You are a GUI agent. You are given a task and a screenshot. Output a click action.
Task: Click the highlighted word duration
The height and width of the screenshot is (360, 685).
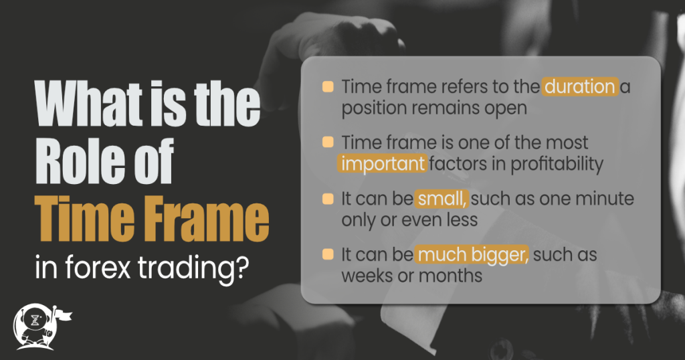point(580,87)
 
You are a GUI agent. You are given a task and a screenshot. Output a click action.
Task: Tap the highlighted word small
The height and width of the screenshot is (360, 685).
point(439,200)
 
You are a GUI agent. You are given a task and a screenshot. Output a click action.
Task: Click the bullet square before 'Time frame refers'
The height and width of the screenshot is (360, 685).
point(328,87)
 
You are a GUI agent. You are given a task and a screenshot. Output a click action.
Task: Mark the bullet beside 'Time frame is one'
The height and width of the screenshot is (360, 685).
point(328,143)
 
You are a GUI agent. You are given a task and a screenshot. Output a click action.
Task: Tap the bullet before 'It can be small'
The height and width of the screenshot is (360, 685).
point(328,199)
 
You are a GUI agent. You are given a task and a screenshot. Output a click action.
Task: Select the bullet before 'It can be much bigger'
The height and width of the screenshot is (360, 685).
point(328,255)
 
